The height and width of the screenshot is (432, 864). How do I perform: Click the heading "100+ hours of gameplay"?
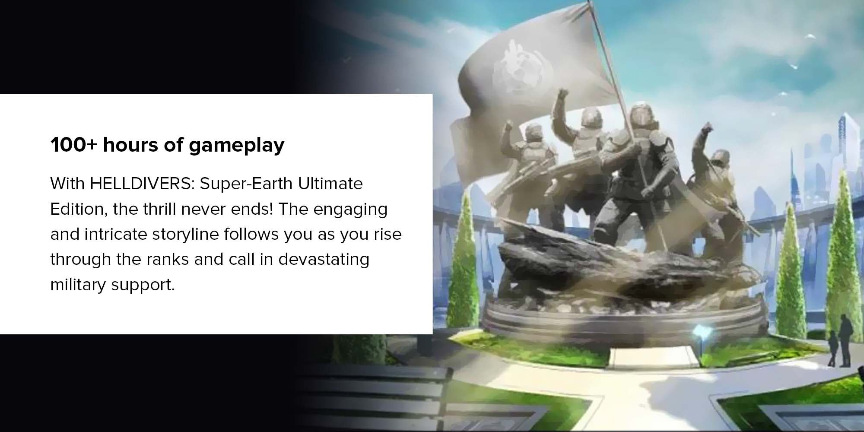click(167, 145)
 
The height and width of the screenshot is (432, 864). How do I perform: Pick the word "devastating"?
click(324, 260)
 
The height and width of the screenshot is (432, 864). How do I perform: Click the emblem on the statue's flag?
click(514, 69)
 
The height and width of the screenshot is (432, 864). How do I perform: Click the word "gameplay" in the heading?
click(237, 145)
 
